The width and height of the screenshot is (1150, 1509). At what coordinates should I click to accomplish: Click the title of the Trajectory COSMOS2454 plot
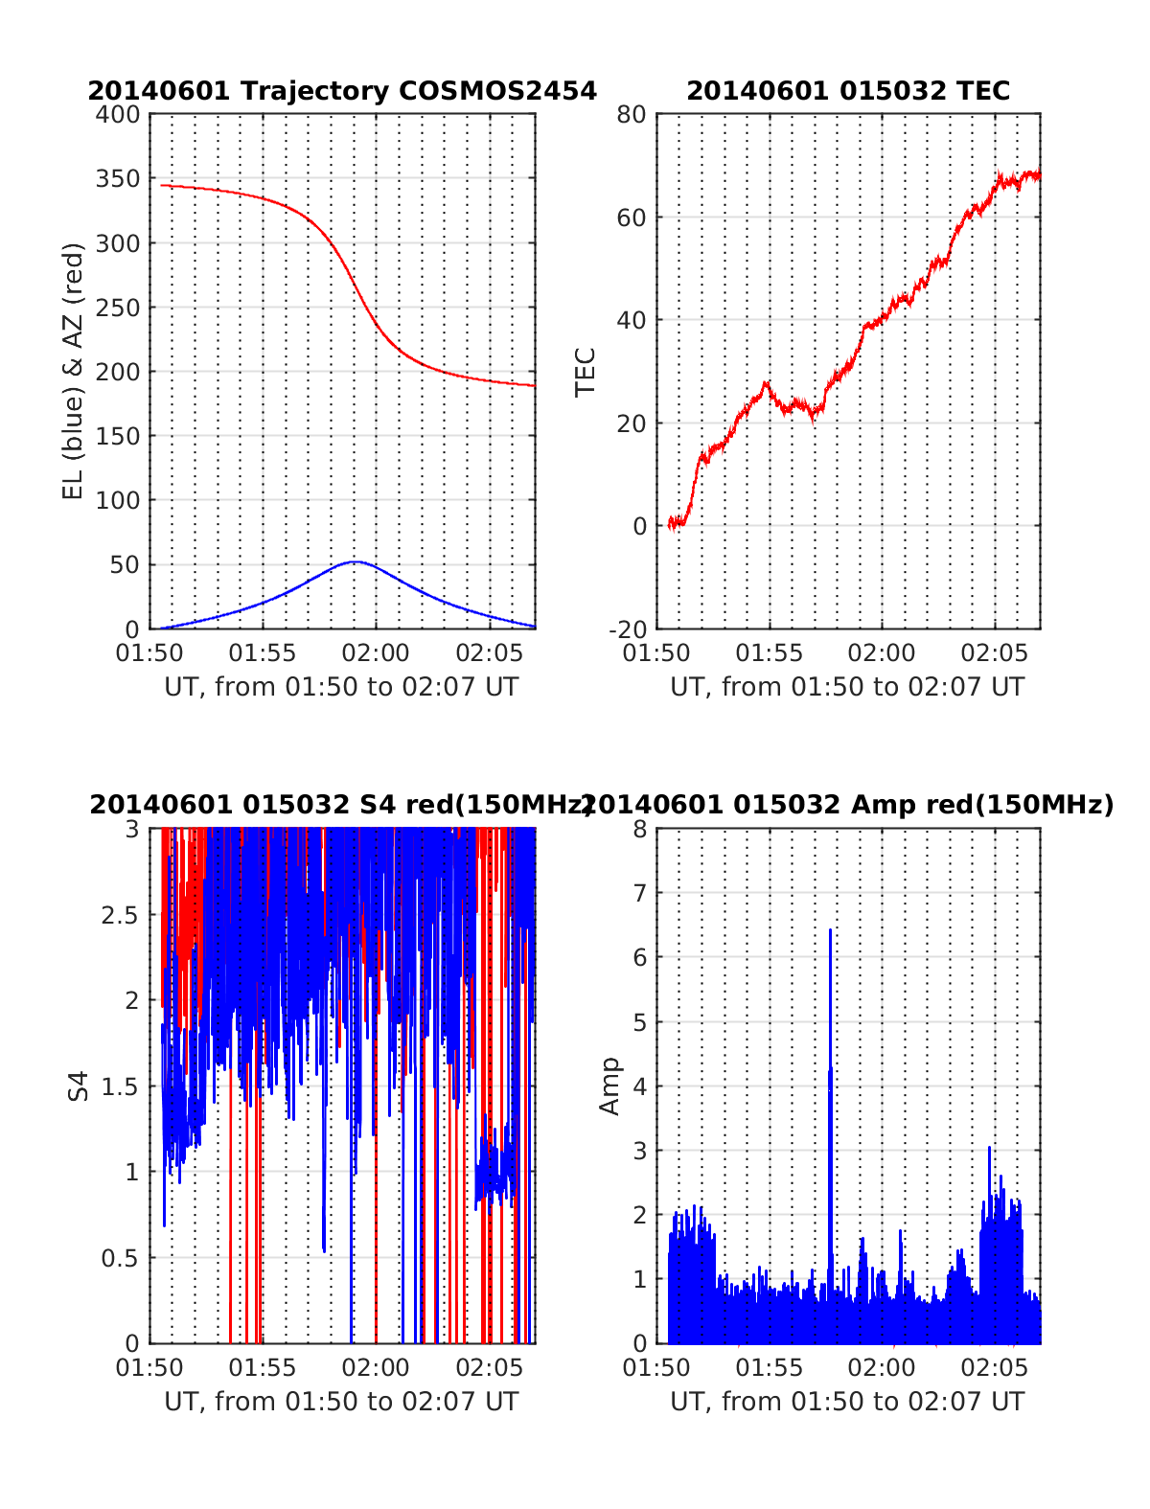pyautogui.click(x=342, y=91)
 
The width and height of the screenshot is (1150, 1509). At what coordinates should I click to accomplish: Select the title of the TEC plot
pyautogui.click(x=848, y=91)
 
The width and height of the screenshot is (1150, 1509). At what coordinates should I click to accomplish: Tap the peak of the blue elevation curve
pyautogui.click(x=356, y=561)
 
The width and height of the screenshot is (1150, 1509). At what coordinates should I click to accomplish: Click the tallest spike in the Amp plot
pyautogui.click(x=830, y=930)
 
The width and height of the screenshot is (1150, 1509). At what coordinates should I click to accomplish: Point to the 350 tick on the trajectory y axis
pyautogui.click(x=118, y=179)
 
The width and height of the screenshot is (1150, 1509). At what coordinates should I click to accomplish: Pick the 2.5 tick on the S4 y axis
pyautogui.click(x=120, y=915)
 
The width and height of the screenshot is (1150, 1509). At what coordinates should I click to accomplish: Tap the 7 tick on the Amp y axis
pyautogui.click(x=639, y=893)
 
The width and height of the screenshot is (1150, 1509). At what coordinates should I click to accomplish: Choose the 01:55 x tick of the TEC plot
pyautogui.click(x=770, y=653)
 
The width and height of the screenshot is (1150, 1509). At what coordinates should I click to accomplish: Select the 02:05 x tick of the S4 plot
pyautogui.click(x=489, y=1368)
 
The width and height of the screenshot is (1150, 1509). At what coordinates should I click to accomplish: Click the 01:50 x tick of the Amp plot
pyautogui.click(x=656, y=1368)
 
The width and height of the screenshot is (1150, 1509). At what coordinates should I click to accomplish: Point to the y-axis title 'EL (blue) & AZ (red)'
pyautogui.click(x=74, y=371)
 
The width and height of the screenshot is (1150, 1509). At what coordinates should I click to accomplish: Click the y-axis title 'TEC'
pyautogui.click(x=585, y=372)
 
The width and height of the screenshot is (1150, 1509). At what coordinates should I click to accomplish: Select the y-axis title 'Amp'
pyautogui.click(x=609, y=1086)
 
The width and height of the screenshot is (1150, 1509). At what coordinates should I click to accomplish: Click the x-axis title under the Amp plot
pyautogui.click(x=847, y=1402)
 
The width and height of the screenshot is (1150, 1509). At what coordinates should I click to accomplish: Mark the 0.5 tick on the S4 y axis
pyautogui.click(x=120, y=1258)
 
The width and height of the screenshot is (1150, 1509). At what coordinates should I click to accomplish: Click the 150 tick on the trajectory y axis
pyautogui.click(x=118, y=436)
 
